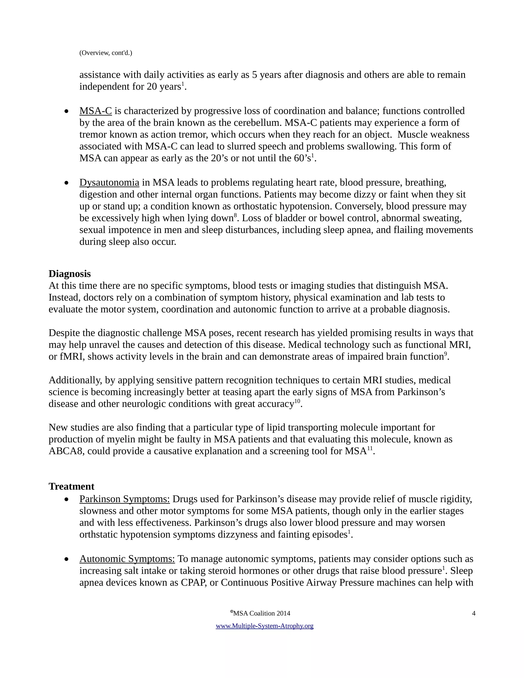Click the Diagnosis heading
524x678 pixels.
tap(70, 274)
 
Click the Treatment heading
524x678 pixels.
tap(71, 486)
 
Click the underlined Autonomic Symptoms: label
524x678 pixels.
tap(127, 559)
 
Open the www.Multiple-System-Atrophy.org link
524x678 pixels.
tap(265, 626)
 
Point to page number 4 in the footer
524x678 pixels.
tap(473, 613)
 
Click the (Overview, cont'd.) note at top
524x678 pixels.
tap(106, 53)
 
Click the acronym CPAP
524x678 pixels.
tap(194, 582)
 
